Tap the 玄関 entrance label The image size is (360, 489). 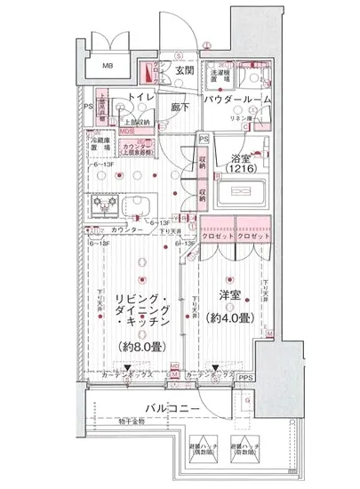point(185,70)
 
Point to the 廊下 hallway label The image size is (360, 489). point(181,103)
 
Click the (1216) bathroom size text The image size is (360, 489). point(239,167)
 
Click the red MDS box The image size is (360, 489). point(128,130)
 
